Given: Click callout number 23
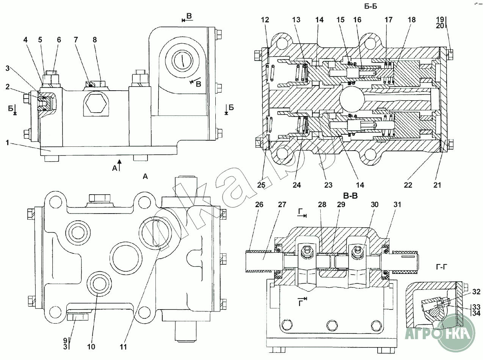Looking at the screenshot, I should (x=328, y=185).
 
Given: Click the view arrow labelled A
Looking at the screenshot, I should (x=119, y=165).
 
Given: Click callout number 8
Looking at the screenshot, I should (x=94, y=39).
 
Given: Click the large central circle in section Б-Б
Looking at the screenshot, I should (x=351, y=100).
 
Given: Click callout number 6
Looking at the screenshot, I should (x=59, y=39).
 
